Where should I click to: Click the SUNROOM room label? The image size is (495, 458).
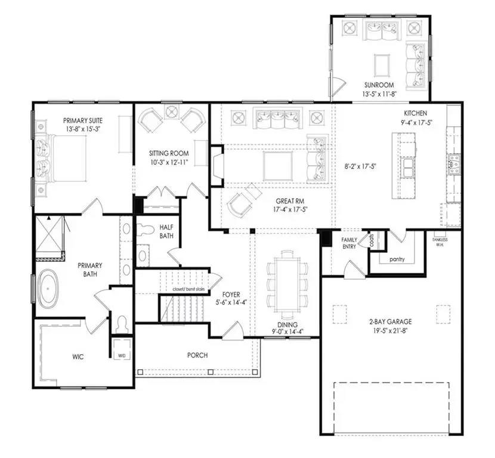pos(379,85)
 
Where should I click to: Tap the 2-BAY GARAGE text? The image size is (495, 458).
pos(390,321)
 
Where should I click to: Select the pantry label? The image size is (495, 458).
pos(396,260)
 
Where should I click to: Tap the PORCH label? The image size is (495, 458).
pos(197,355)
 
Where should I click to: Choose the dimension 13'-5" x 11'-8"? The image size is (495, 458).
pos(379,94)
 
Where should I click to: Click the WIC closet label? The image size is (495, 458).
pos(78,357)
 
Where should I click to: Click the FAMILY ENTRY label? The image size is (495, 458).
pos(349,243)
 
